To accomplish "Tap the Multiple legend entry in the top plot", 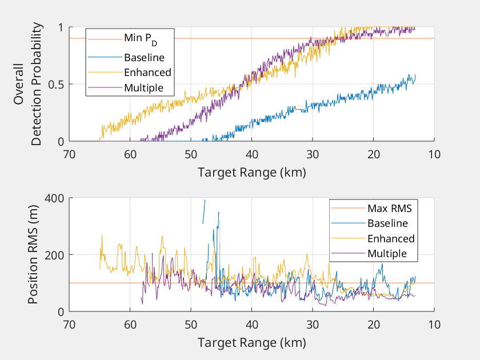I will (143, 88).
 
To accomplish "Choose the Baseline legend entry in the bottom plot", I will (387, 223).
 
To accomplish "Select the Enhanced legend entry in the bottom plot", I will (391, 238).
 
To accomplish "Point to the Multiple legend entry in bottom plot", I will (387, 254).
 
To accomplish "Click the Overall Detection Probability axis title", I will (29, 84).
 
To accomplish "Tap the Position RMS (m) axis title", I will (33, 255).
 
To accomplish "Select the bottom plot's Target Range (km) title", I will (251, 343).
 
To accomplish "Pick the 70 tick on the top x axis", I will (69, 155).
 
